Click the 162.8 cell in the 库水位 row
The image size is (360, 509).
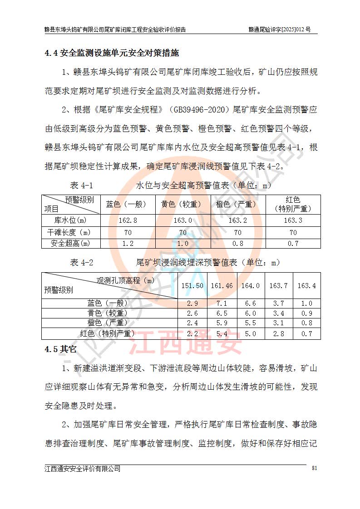pos(128,220)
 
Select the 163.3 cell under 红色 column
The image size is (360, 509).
pos(293,220)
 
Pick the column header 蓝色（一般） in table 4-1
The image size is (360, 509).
pos(128,204)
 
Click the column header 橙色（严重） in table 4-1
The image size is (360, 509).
pos(238,204)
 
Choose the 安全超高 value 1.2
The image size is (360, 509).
pos(128,244)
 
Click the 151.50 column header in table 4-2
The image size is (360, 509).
pos(192,286)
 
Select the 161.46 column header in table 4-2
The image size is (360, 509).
pos(222,286)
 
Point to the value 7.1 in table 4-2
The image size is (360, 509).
pos(222,303)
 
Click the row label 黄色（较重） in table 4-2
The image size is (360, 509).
pos(108,313)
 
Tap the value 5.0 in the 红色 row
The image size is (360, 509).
pos(250,334)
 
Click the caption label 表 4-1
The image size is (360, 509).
pos(81,186)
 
